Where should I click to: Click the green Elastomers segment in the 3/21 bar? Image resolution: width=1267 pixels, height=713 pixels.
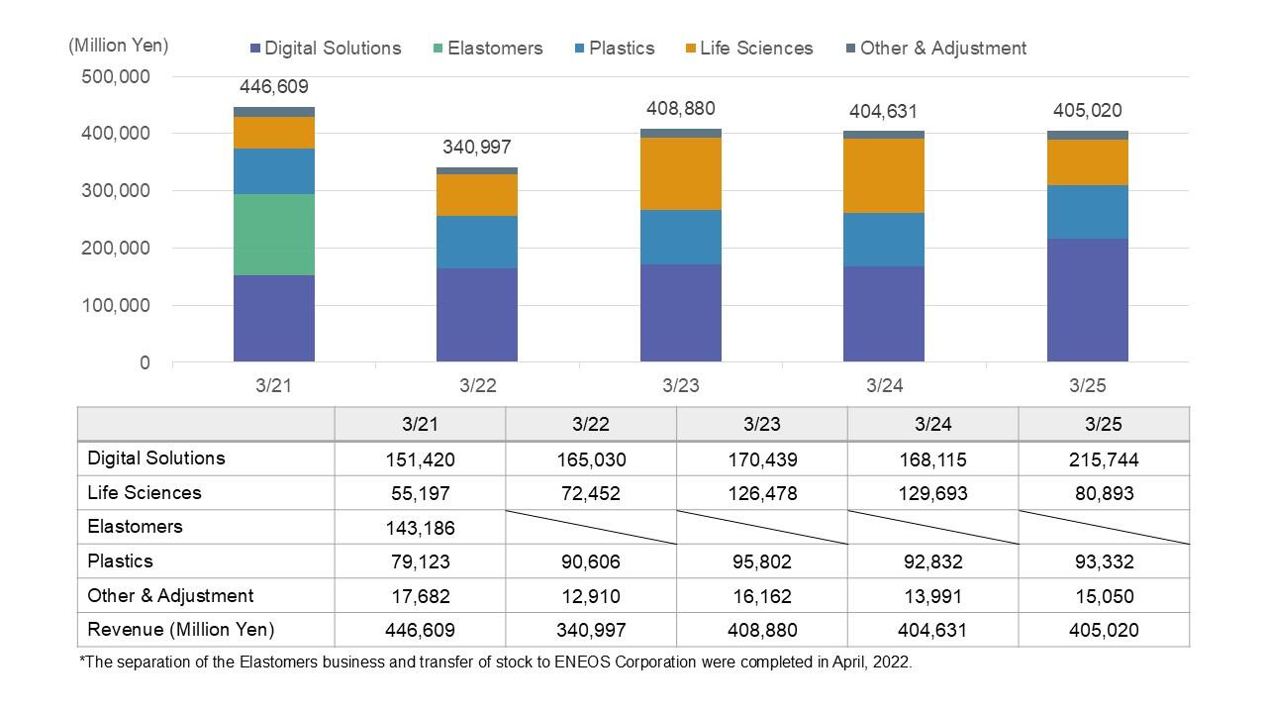274,235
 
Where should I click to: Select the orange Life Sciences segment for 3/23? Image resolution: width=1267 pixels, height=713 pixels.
681,173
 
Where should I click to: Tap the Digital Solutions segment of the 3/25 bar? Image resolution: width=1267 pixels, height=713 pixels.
1087,300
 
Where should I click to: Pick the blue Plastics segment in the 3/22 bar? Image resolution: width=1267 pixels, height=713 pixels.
477,242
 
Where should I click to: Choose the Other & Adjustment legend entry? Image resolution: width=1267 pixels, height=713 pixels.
934,48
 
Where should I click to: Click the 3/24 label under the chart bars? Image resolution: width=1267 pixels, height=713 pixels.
884,386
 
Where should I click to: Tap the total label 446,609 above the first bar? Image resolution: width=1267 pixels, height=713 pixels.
274,87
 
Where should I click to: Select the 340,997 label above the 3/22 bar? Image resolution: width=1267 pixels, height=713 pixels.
477,148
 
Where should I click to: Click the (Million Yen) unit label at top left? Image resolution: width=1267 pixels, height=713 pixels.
119,46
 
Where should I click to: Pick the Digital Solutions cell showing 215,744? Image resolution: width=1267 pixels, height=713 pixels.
1104,459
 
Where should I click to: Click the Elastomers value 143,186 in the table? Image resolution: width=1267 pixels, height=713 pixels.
420,528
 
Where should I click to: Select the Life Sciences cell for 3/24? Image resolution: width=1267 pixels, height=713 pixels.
932,493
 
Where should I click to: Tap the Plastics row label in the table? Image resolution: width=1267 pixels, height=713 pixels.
120,561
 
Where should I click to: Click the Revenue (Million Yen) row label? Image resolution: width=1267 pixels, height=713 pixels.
181,630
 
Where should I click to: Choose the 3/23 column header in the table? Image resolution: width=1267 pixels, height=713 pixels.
762,424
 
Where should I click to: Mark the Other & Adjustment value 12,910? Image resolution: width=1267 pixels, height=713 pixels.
591,596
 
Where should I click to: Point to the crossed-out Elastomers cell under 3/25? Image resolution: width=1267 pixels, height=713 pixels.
1104,527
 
